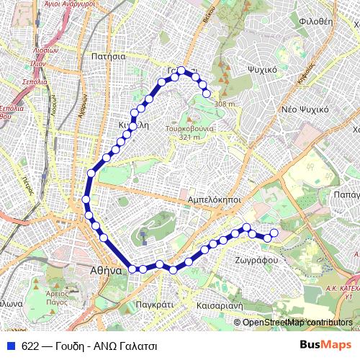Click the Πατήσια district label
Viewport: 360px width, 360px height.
coord(109,55)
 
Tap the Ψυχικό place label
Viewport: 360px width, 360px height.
coord(262,71)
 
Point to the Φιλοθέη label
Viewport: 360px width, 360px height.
coord(315,22)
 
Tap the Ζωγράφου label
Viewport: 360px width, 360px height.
coord(252,258)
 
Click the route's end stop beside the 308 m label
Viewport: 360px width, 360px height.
coord(207,93)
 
